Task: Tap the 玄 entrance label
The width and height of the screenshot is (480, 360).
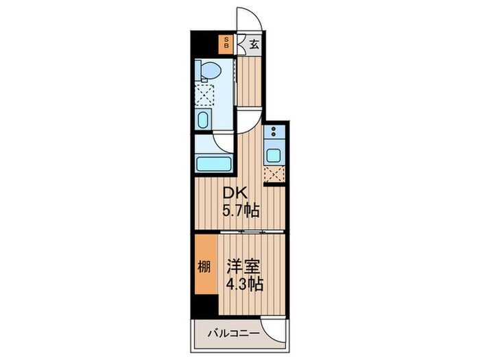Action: click(x=253, y=45)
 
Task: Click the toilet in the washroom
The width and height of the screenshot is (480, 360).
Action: click(x=208, y=71)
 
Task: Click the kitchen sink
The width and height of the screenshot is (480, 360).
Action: click(x=273, y=155)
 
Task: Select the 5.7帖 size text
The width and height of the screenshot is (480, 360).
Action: click(x=240, y=211)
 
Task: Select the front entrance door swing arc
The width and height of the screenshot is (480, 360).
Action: click(x=245, y=19)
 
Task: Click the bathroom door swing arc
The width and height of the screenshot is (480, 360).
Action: click(x=224, y=141)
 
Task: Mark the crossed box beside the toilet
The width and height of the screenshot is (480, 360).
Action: click(x=204, y=95)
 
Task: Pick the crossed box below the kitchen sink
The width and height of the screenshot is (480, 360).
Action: click(x=274, y=173)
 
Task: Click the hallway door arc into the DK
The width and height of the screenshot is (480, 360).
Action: click(x=251, y=119)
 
